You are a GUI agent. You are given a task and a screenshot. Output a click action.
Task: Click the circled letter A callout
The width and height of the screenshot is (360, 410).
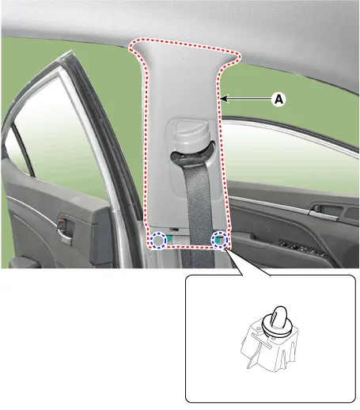coord(279,99)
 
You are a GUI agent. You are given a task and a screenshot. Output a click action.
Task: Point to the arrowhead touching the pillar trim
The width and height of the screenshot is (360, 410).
coord(224,99)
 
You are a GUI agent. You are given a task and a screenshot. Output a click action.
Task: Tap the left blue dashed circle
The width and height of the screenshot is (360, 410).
coord(158,240)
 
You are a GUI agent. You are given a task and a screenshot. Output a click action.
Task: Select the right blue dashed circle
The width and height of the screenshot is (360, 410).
coord(219,239)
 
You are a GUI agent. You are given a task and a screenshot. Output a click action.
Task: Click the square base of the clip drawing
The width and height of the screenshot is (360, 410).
coord(271,348)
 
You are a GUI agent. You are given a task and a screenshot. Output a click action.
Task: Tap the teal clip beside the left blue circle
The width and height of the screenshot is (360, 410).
coord(169,239)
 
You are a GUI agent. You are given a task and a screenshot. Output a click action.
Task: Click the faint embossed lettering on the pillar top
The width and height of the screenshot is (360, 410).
coord(188,58)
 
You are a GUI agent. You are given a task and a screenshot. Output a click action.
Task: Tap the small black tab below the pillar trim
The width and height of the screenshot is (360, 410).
coord(174,230)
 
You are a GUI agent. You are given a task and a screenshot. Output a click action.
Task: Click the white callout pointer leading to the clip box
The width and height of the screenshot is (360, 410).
coord(248,263)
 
